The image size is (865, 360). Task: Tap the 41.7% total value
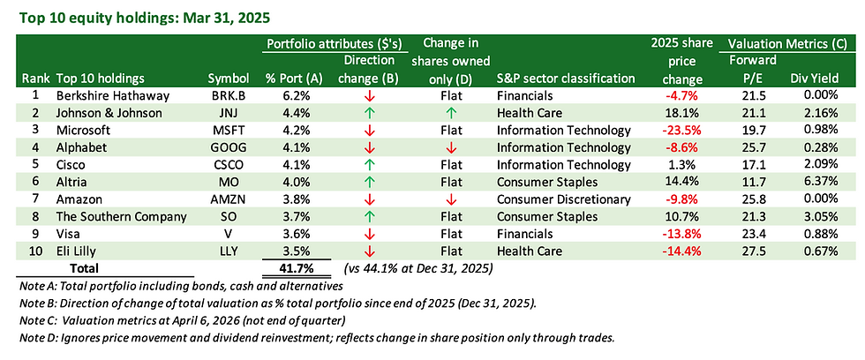(297, 268)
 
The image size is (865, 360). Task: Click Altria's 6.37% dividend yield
(821, 183)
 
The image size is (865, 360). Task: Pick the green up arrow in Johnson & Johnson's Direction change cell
(370, 114)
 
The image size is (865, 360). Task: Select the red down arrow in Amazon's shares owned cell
(452, 200)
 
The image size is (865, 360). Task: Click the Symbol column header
(229, 79)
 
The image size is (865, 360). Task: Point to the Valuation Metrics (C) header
(787, 43)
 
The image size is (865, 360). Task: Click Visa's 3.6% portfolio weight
(297, 235)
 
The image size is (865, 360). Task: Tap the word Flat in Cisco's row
(452, 165)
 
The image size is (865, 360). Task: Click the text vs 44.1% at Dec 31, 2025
(417, 269)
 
